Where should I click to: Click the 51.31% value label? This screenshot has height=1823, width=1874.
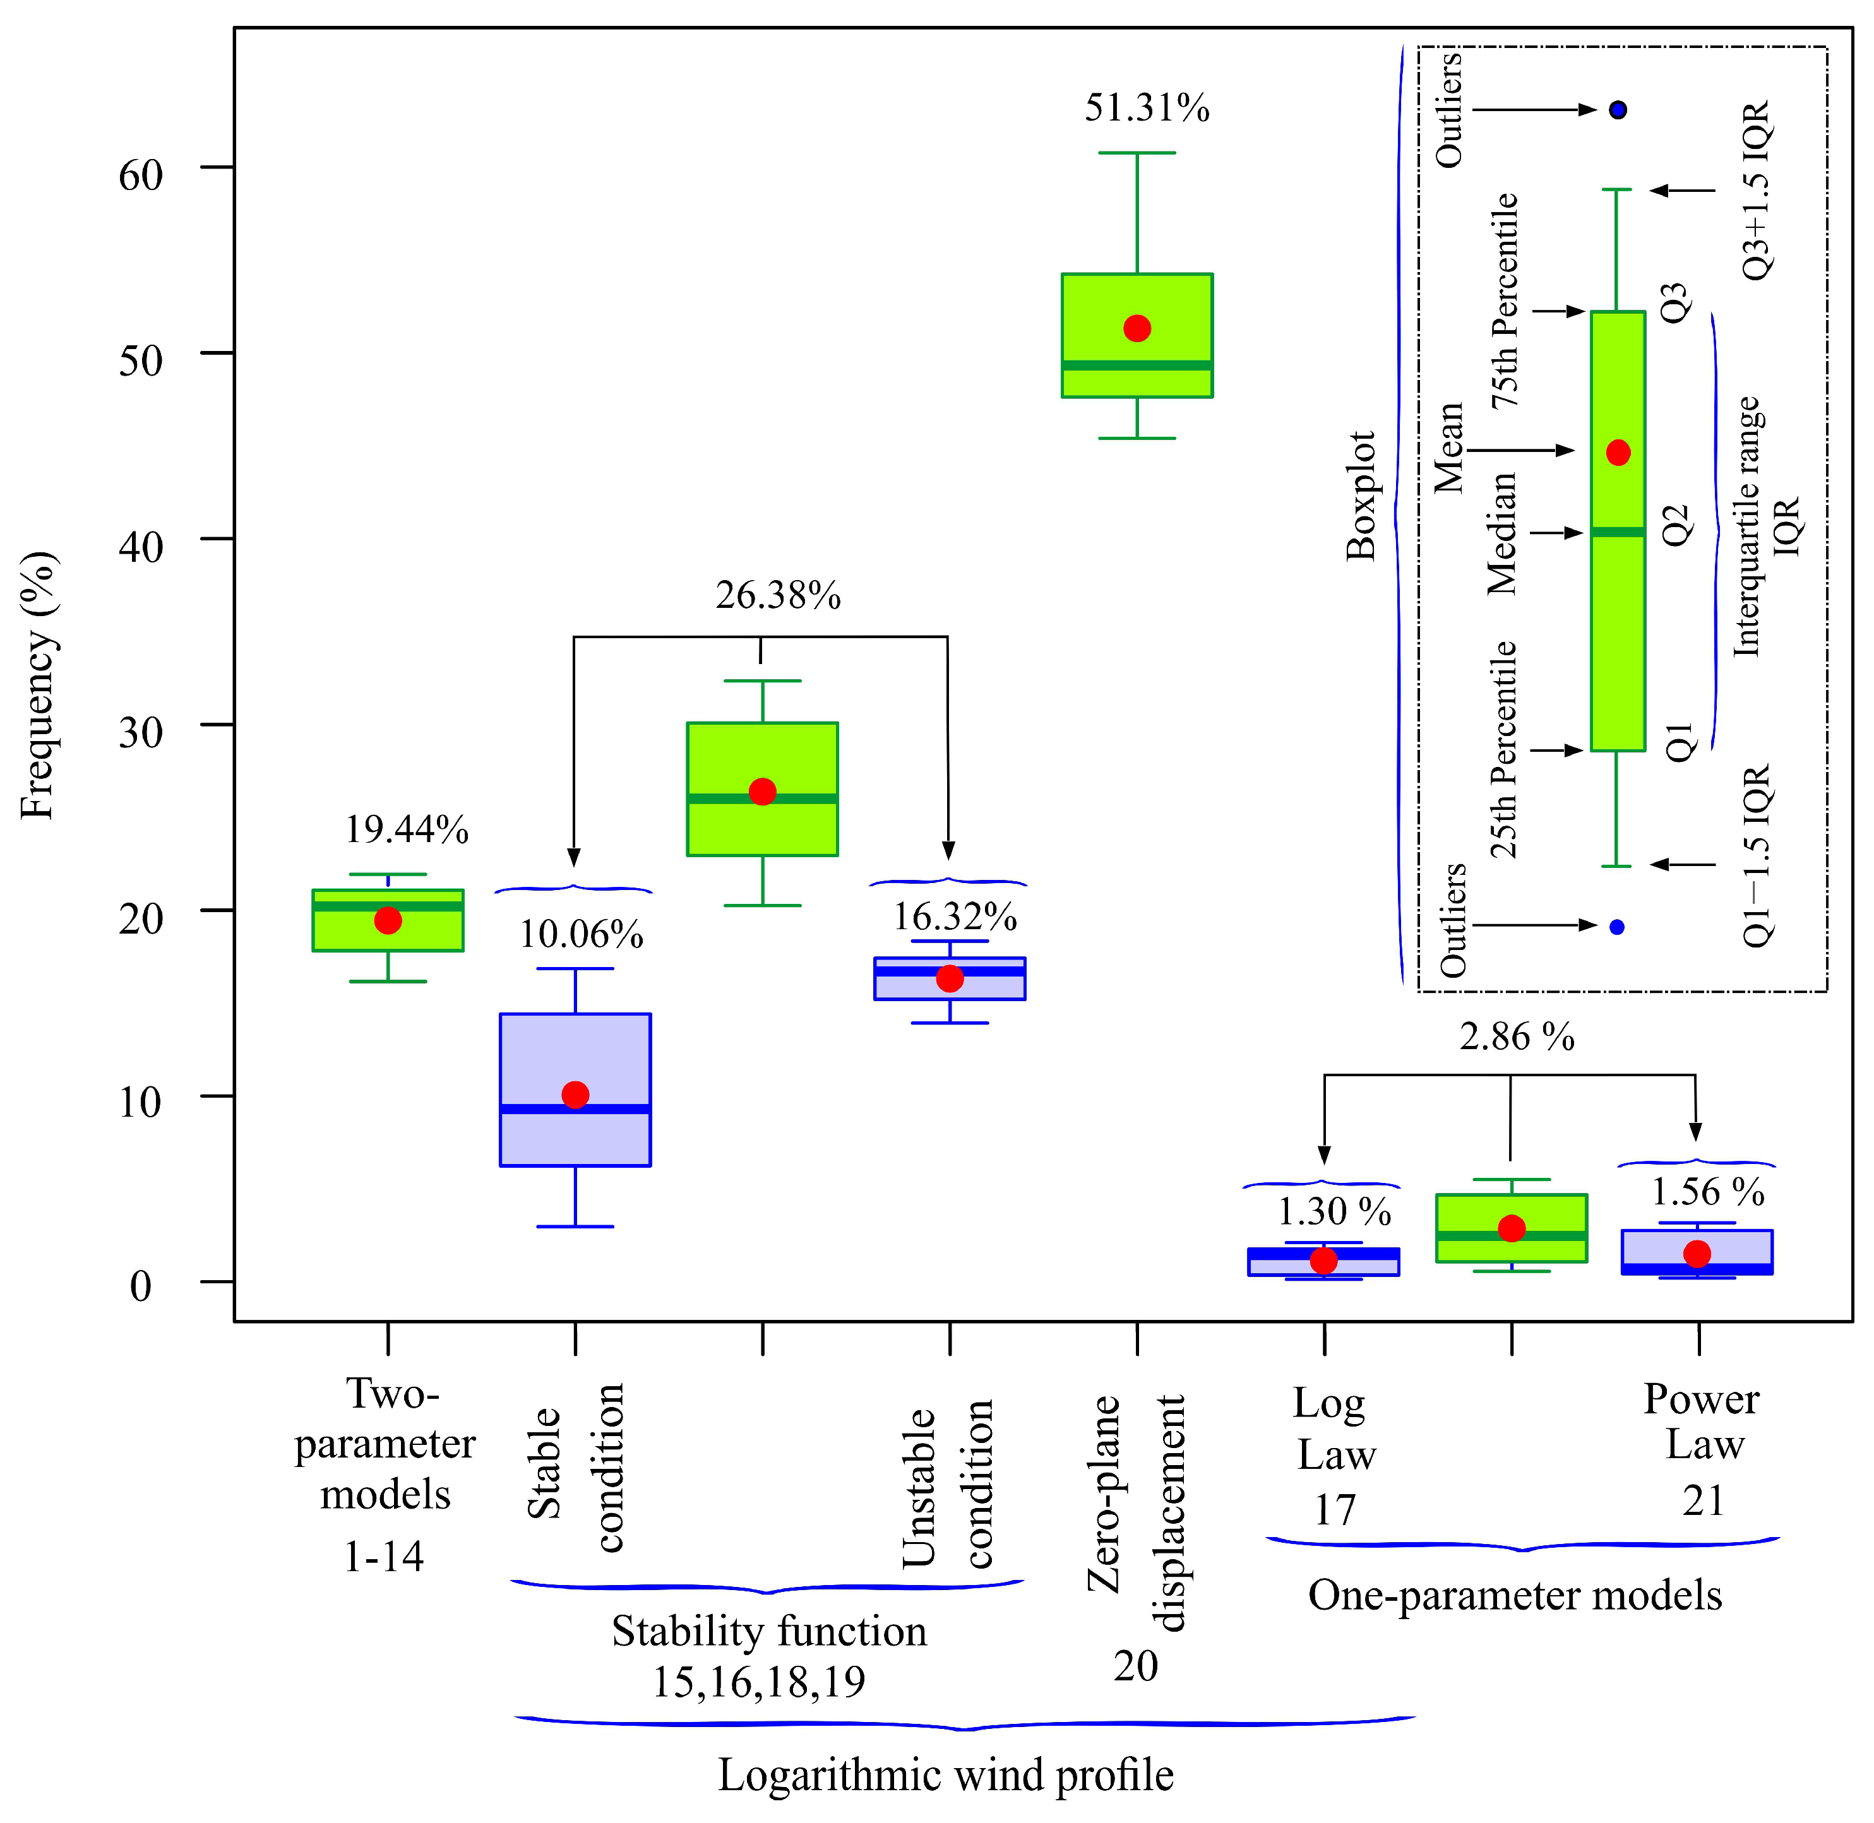[x=1146, y=108]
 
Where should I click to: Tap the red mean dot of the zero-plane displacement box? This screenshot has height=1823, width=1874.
[x=1137, y=328]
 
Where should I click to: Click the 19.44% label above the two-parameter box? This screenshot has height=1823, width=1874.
[x=407, y=829]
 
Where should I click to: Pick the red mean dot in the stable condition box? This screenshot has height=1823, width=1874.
[x=575, y=1095]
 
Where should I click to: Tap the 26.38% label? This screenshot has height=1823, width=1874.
[x=777, y=595]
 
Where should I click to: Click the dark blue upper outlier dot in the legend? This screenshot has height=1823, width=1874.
[x=1618, y=110]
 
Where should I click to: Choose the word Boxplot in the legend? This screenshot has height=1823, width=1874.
[x=1361, y=496]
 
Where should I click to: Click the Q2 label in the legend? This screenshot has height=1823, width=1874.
[x=1676, y=526]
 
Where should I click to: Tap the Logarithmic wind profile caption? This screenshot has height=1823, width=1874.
[x=945, y=1774]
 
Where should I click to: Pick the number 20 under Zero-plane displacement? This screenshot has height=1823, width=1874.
[x=1136, y=1666]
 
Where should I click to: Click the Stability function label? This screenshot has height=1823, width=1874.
[x=769, y=1630]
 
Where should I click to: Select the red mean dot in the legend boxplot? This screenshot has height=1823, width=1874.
[x=1618, y=452]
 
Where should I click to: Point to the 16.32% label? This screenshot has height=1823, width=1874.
[x=955, y=917]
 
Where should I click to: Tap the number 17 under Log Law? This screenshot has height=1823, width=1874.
[x=1334, y=1510]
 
